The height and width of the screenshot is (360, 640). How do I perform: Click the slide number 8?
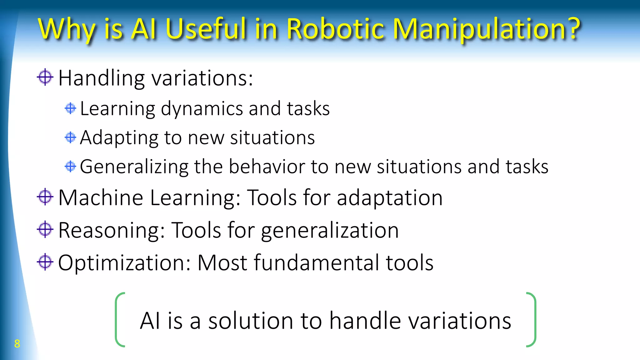click(x=17, y=343)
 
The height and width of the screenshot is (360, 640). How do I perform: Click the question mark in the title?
click(x=572, y=29)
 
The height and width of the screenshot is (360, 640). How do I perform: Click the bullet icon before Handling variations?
click(x=45, y=77)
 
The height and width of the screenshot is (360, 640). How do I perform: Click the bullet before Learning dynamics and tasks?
click(x=70, y=108)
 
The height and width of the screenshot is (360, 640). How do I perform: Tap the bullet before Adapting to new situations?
click(x=70, y=137)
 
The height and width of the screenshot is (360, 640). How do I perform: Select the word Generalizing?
click(x=134, y=167)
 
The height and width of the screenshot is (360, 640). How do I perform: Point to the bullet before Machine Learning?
click(x=45, y=197)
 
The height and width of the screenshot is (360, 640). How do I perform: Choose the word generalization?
click(x=330, y=231)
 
